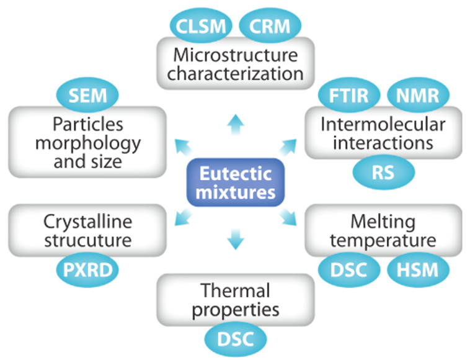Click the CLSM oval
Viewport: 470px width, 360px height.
coord(201,26)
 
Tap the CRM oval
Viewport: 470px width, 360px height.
coord(270,26)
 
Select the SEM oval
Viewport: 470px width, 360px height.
coord(87,95)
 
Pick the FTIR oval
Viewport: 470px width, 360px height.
coord(349,95)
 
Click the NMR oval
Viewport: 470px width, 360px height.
coord(418,95)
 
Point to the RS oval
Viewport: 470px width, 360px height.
coord(383,172)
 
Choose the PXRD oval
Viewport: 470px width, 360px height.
coord(87,270)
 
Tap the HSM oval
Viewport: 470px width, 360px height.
coord(418,270)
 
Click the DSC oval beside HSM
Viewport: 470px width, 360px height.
coord(349,270)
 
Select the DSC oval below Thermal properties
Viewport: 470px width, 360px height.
coord(236,339)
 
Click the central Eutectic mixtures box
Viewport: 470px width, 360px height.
coord(236,182)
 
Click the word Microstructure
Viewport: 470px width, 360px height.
coord(236,55)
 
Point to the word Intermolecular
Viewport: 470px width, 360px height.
coord(383,124)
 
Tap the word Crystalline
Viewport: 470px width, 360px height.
coord(88,223)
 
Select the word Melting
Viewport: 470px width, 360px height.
coord(383,223)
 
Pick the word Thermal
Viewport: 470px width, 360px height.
coord(236,290)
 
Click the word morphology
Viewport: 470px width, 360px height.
coord(88,144)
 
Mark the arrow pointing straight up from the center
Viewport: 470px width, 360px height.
coord(236,125)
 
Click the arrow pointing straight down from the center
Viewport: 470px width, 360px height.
coord(236,239)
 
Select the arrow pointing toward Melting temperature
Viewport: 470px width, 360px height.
coord(288,217)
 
